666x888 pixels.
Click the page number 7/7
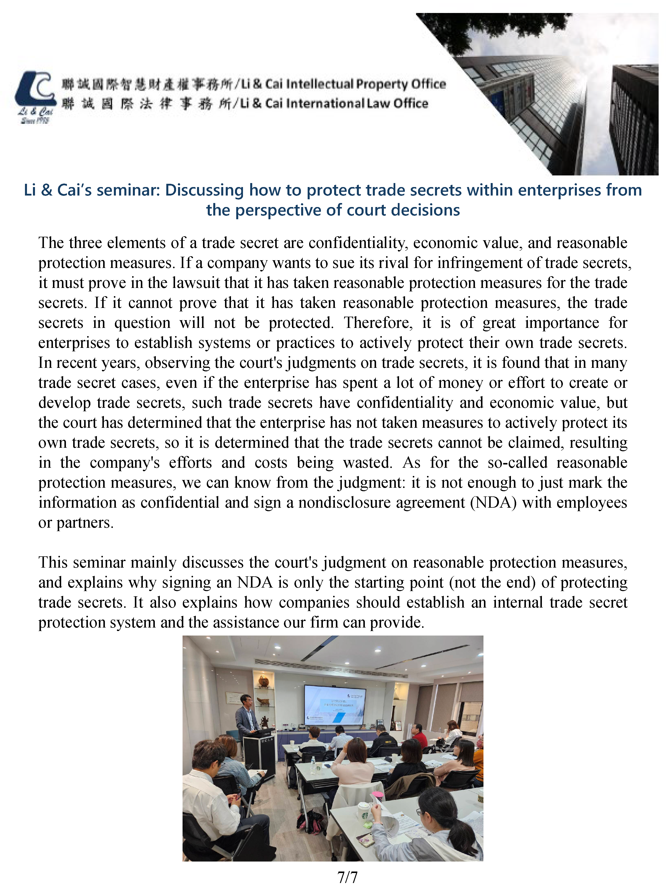point(347,877)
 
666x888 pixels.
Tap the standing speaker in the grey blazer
point(248,719)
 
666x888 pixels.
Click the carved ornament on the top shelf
point(263,680)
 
